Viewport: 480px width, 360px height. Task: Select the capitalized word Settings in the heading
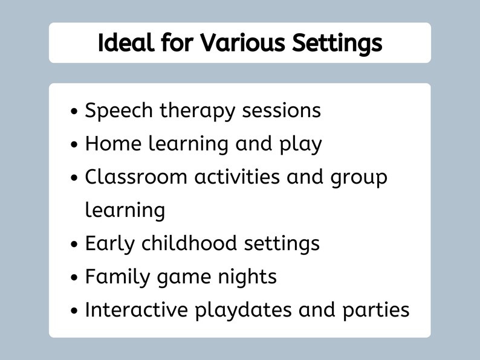337,43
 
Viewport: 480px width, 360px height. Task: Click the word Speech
119,111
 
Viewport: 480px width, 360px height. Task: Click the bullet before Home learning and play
74,146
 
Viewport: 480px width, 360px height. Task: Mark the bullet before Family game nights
74,278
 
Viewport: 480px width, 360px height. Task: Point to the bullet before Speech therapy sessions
74,112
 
